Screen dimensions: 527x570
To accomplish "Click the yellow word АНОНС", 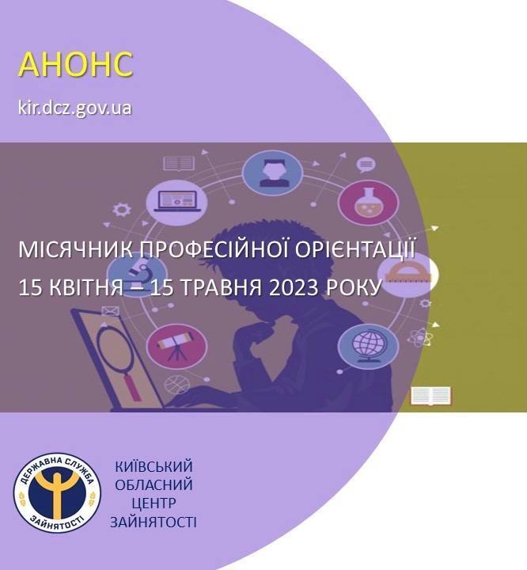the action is (x=76, y=64).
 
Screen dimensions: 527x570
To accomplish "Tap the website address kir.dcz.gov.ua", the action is (x=75, y=108).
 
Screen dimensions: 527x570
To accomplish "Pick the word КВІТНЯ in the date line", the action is (x=86, y=287).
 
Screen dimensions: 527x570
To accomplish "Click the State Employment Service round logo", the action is (x=58, y=493).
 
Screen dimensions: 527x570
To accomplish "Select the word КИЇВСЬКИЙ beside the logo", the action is (x=154, y=466).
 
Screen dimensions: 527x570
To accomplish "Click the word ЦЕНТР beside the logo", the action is (x=154, y=503).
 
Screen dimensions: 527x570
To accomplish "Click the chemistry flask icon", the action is (x=368, y=203).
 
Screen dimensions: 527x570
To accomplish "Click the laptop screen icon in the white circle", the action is (x=176, y=201).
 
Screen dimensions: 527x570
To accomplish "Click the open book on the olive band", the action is (x=430, y=396).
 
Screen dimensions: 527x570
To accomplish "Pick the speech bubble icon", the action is (x=366, y=165).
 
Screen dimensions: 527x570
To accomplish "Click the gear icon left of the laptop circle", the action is (x=121, y=210).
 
